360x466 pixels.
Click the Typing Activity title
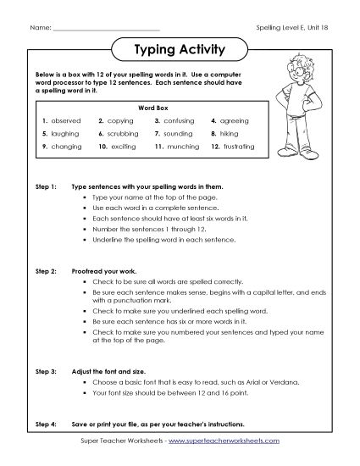[180, 49]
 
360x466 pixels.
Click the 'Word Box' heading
[148, 108]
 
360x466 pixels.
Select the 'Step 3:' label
[47, 371]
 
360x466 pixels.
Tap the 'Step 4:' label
[47, 423]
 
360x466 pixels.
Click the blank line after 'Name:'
[105, 29]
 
